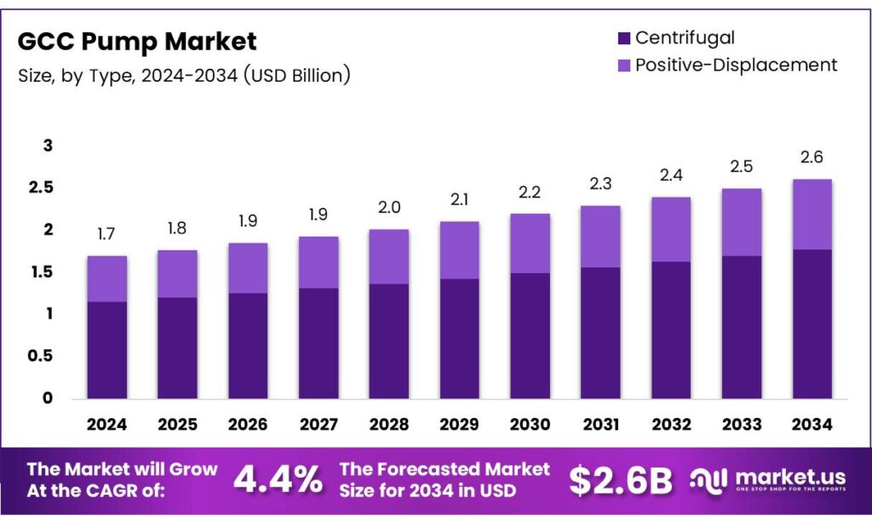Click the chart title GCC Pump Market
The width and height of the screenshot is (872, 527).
[137, 41]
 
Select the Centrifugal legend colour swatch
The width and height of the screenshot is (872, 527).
[623, 38]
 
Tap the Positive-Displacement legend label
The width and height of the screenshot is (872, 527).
[736, 65]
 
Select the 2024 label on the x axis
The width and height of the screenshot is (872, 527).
[106, 424]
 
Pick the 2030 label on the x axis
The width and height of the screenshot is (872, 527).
[530, 424]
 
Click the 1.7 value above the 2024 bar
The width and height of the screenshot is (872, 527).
[106, 234]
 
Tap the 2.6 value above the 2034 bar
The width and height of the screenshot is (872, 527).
[812, 158]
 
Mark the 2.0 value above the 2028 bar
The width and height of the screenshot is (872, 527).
[388, 208]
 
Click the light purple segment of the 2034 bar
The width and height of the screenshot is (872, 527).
[812, 214]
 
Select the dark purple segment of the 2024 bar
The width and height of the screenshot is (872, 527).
[106, 349]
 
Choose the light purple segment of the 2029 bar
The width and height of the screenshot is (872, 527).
[459, 249]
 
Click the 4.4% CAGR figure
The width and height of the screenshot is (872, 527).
[278, 481]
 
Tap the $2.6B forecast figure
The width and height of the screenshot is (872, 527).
[621, 481]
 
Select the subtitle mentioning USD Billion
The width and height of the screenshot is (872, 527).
[184, 75]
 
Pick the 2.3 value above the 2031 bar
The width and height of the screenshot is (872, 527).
[600, 183]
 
